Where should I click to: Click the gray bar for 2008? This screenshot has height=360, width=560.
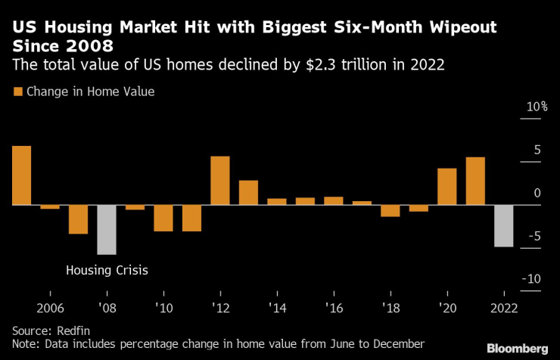coord(107,229)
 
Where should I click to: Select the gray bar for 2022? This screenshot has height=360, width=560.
coord(504,225)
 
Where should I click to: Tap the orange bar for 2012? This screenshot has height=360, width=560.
coord(220,180)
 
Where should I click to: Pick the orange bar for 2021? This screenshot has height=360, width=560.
coord(475,181)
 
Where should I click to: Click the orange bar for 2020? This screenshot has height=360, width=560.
coord(447,186)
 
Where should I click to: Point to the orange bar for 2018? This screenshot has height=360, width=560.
coord(390,211)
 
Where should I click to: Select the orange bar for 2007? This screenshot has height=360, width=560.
coord(79,219)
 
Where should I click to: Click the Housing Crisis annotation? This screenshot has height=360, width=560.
coord(107,269)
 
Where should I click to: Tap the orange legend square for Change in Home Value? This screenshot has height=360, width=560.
coord(17,92)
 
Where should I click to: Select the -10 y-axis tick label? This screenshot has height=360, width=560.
coord(534,279)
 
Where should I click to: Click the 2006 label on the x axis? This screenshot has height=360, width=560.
coord(50,309)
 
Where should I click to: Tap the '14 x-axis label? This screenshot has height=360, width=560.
coord(277,309)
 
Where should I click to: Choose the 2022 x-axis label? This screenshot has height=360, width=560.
coord(504,309)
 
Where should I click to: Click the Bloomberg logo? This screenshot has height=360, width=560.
coord(518,348)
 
